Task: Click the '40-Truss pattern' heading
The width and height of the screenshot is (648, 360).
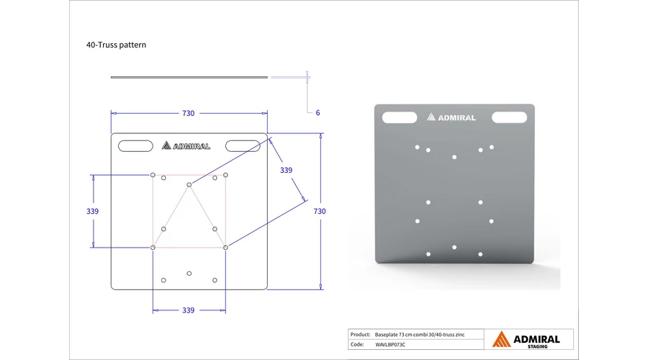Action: click(x=116, y=45)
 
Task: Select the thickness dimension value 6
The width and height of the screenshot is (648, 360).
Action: click(x=318, y=113)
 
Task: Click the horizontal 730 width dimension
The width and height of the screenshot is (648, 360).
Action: click(x=189, y=113)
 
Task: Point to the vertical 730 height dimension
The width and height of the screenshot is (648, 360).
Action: click(x=320, y=211)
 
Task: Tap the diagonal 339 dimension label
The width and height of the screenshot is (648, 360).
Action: click(x=286, y=170)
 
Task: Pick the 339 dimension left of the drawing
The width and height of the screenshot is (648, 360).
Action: click(x=93, y=211)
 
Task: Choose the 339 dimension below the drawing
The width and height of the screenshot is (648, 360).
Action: click(x=189, y=310)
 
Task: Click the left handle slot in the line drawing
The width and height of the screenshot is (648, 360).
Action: click(x=135, y=146)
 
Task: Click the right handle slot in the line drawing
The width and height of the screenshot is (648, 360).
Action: click(x=243, y=146)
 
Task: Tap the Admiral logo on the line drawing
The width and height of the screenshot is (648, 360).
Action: click(x=186, y=145)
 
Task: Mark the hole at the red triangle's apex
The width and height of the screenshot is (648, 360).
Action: click(x=189, y=185)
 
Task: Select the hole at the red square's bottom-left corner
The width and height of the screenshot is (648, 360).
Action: click(x=153, y=248)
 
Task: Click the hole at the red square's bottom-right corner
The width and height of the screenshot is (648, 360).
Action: click(x=225, y=248)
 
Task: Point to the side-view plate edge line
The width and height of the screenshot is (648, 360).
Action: click(x=189, y=77)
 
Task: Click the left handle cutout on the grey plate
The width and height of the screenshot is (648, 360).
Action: click(x=400, y=117)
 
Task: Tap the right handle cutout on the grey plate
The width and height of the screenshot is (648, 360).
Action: click(x=510, y=117)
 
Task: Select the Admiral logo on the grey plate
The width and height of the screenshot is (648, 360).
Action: click(x=451, y=117)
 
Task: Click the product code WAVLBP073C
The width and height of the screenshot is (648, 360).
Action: click(x=390, y=344)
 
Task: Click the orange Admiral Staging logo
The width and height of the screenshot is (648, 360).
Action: click(x=526, y=339)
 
